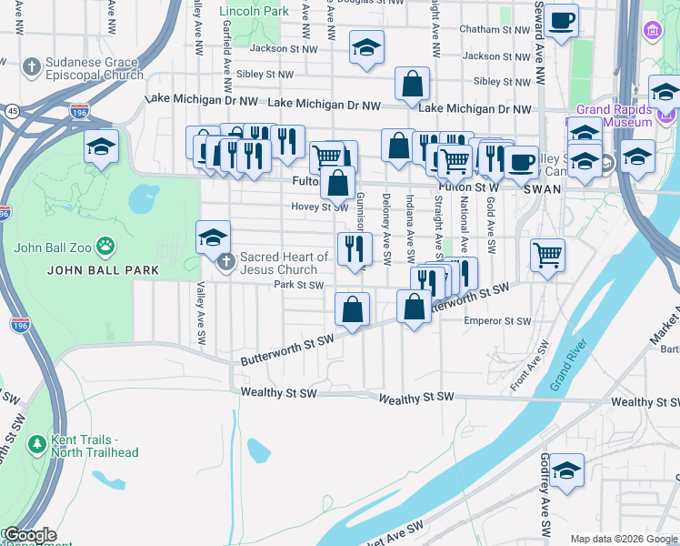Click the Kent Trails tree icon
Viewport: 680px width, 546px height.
tap(36, 444)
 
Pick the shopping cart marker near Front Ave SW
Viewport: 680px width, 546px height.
tap(547, 256)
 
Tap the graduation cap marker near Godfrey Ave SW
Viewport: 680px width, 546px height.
tap(567, 470)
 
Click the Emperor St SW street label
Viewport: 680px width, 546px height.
tap(496, 321)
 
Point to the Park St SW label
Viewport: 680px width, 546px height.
tap(299, 285)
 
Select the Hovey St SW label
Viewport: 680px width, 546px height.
tap(315, 207)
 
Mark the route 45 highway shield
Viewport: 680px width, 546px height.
tap(12, 111)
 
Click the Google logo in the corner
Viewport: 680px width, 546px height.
tap(31, 535)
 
